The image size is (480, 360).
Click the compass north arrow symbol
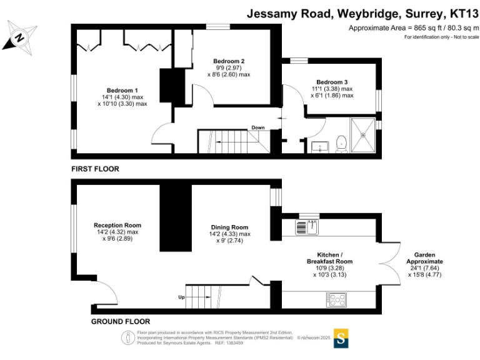pyautogui.click(x=19, y=37)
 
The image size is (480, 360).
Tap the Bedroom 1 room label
pyautogui.click(x=122, y=90)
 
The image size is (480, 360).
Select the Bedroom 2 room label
pyautogui.click(x=228, y=61)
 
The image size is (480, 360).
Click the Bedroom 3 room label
pyautogui.click(x=331, y=82)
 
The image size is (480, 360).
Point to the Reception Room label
pyautogui.click(x=117, y=225)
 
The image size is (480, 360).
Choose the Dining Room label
pyautogui.click(x=229, y=227)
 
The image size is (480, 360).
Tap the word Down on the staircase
pyautogui.click(x=258, y=127)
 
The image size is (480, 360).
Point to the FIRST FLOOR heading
pyautogui.click(x=95, y=169)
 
